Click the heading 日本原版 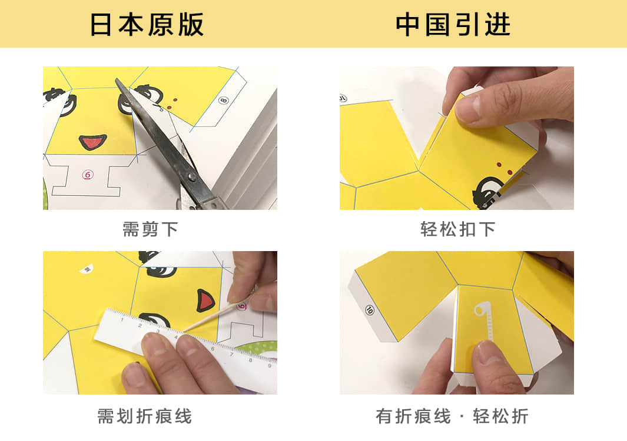[147, 25]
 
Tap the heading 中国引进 [453, 25]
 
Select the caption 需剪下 [150, 229]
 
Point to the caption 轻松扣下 [458, 229]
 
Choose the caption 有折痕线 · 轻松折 [452, 417]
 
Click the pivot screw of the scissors [191, 176]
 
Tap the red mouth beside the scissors [92, 142]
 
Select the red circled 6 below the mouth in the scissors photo [87, 175]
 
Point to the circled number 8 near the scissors [223, 101]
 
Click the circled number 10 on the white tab [370, 309]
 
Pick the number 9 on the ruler [269, 366]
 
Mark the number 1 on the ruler [122, 319]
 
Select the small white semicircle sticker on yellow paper [87, 269]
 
